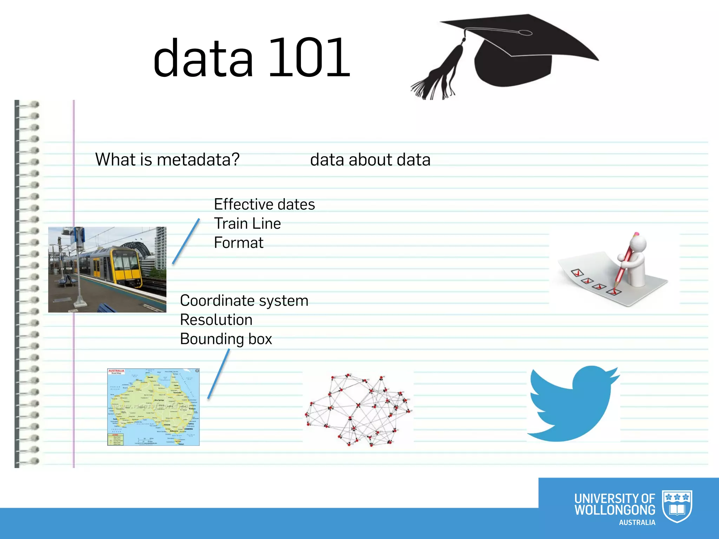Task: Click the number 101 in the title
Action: pyautogui.click(x=309, y=58)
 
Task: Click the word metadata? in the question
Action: pyautogui.click(x=198, y=160)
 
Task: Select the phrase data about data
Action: pyautogui.click(x=370, y=160)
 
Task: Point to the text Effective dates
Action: pyautogui.click(x=264, y=204)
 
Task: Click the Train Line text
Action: pyautogui.click(x=247, y=224)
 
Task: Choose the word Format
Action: pyautogui.click(x=238, y=243)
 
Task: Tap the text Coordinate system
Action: pyautogui.click(x=244, y=301)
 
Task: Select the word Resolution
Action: pyautogui.click(x=216, y=320)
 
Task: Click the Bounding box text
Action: pyautogui.click(x=226, y=339)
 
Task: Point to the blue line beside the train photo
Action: pyautogui.click(x=186, y=241)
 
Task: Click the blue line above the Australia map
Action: pyautogui.click(x=219, y=374)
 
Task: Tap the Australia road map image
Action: pyautogui.click(x=153, y=407)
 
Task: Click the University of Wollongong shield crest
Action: pyautogui.click(x=677, y=506)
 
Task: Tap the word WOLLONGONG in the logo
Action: pyautogui.click(x=614, y=510)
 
